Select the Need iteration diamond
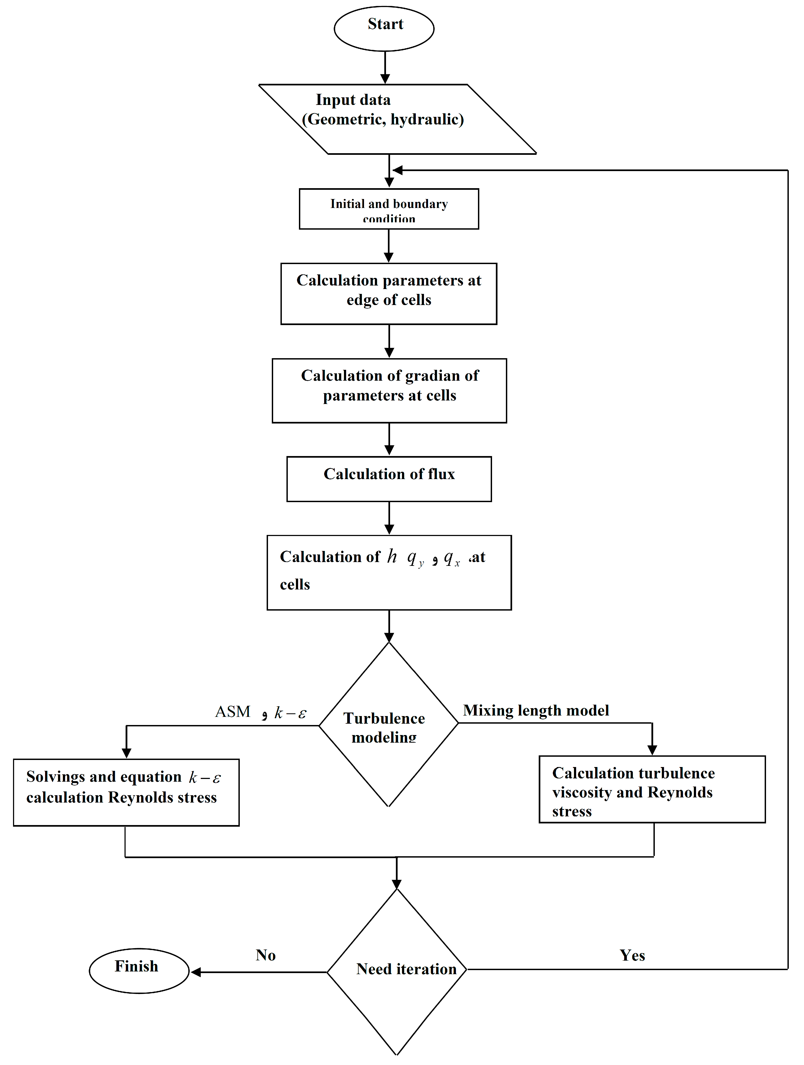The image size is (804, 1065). (397, 969)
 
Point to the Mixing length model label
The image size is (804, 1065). (536, 710)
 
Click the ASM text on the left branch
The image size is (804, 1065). (233, 712)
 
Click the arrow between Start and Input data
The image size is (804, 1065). (385, 68)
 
